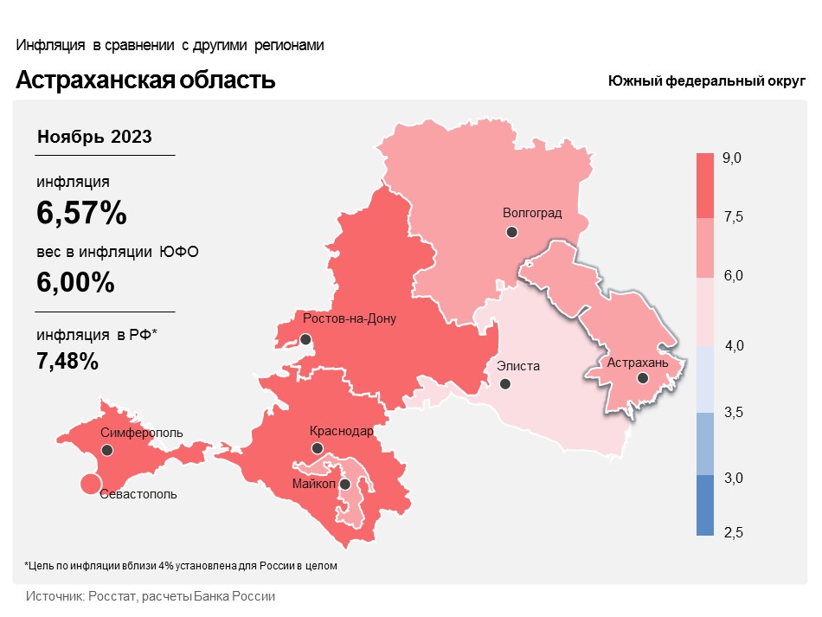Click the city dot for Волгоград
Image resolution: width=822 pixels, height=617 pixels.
tap(512, 232)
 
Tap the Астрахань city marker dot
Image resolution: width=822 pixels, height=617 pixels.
tap(642, 378)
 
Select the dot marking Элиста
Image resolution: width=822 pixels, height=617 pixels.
tap(505, 383)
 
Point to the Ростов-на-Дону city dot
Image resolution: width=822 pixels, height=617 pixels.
tap(305, 339)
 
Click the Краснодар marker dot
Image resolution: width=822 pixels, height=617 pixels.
tap(318, 448)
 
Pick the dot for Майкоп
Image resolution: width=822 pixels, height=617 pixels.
tap(345, 485)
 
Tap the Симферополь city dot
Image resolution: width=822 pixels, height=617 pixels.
tap(107, 450)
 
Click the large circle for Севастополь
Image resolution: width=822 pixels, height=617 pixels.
tap(89, 485)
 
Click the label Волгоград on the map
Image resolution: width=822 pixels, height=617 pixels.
tap(532, 213)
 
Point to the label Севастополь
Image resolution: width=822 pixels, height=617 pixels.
tap(138, 495)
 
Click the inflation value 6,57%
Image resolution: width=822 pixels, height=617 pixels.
tap(81, 212)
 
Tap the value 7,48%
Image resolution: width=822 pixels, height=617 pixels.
tap(67, 361)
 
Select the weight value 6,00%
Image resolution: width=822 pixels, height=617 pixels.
tap(75, 282)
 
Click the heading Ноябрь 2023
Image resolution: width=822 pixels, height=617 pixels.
tap(94, 137)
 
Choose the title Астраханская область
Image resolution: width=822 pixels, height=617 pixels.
tap(145, 80)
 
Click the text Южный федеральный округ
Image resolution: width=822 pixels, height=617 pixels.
tap(706, 80)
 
